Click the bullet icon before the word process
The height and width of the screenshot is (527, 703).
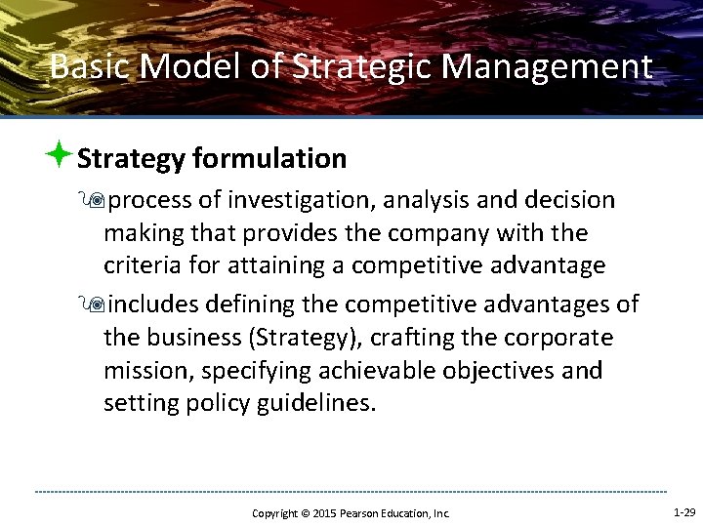coord(95,201)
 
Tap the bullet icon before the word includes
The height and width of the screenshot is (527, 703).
coord(95,304)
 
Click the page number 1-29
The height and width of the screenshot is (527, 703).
coord(683,512)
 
